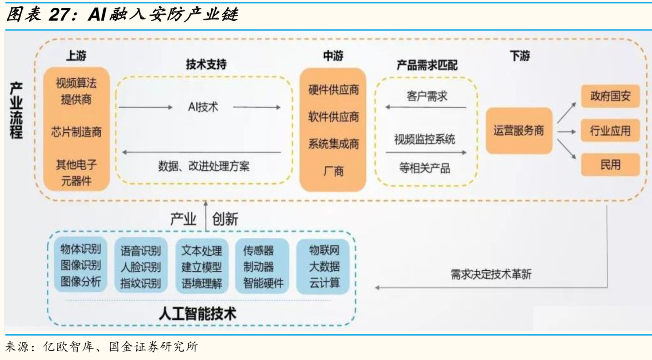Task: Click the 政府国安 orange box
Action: tap(610, 96)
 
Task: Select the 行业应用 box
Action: tap(610, 130)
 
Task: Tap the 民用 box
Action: tap(610, 165)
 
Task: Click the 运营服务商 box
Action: tap(519, 130)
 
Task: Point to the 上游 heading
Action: tap(76, 56)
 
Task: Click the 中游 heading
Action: tap(333, 56)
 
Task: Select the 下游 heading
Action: tap(520, 56)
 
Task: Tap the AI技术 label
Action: tap(203, 107)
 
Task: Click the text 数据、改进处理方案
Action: tap(204, 166)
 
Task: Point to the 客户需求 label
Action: tap(427, 96)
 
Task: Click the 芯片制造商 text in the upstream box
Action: tap(76, 132)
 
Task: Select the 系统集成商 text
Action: tap(333, 144)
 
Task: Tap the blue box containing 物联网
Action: tap(323, 266)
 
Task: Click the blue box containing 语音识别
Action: tap(141, 266)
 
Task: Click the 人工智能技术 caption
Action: tap(197, 314)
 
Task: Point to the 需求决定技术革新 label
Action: tap(491, 274)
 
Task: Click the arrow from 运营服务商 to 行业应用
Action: tap(566, 132)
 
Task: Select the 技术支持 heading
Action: tap(206, 64)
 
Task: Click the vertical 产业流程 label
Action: tap(16, 110)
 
